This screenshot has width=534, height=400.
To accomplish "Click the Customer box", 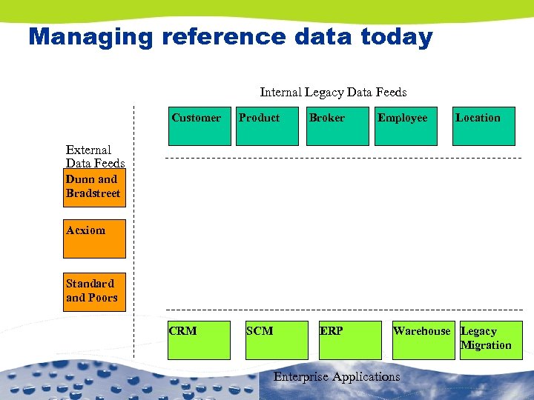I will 200,126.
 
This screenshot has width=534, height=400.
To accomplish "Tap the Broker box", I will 337,126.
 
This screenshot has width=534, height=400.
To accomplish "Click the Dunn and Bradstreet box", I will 94,187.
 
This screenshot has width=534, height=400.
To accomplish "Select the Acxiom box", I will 94,239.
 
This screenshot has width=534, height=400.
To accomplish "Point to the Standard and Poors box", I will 94,291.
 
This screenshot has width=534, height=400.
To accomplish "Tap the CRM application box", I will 199,340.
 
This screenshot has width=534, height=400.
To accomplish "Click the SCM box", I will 276,340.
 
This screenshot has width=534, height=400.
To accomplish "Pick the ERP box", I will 349,340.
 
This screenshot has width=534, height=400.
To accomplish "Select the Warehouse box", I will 423,340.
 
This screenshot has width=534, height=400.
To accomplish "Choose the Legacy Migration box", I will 489,340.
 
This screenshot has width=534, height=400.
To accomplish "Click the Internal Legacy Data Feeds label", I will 333,93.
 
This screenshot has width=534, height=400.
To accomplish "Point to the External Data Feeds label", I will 95,156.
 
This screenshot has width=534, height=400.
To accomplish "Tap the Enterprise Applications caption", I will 337,377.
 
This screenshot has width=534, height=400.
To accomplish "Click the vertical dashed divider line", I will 133,222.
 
